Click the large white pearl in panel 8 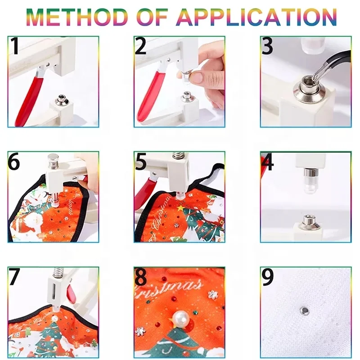coord(181,320)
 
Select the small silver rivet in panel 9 coord(304,310)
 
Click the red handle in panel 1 coord(29,100)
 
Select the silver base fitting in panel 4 coord(309,222)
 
